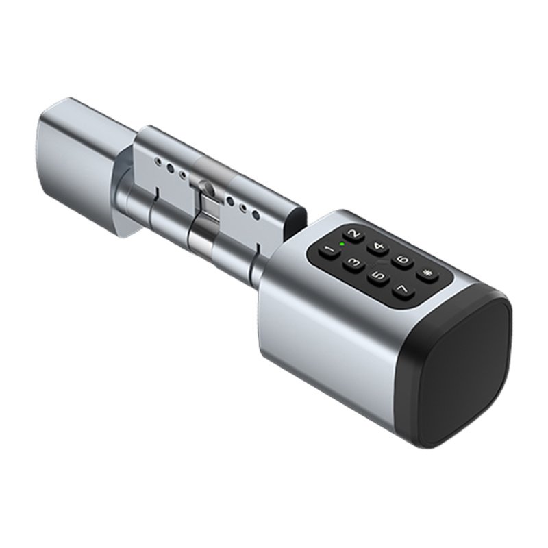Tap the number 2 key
(x=353, y=235)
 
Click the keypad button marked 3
(x=353, y=263)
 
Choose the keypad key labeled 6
(x=403, y=260)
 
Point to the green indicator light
(x=340, y=245)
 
